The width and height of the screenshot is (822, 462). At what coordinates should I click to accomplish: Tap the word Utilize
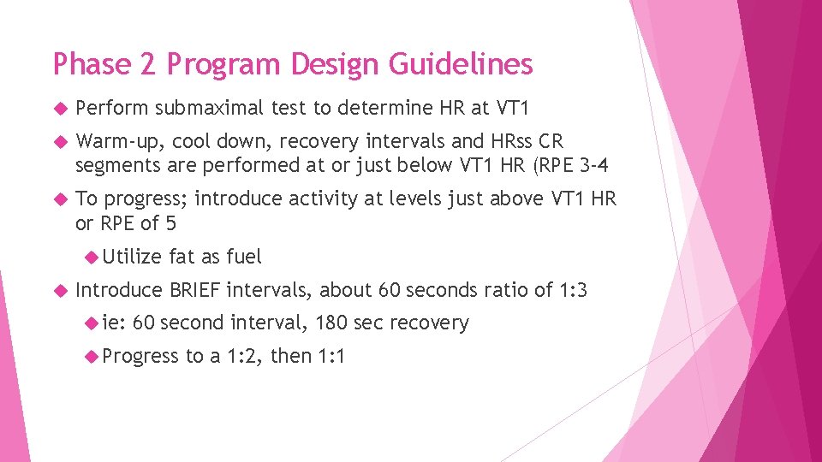coord(133,256)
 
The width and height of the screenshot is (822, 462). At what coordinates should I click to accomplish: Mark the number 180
coord(332,323)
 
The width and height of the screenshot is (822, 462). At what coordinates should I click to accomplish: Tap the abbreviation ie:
coord(114,323)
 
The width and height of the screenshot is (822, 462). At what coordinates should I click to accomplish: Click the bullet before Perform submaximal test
coord(59,109)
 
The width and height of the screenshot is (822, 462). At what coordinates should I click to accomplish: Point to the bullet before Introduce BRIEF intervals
coord(59,291)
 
